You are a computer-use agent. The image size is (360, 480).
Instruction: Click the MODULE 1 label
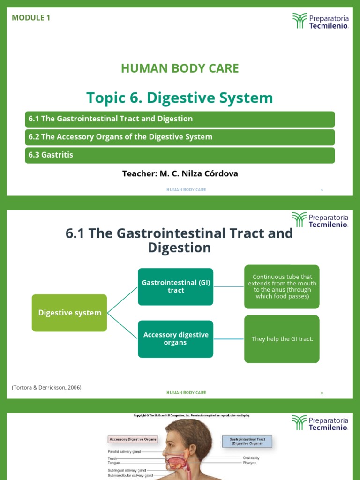tap(31, 18)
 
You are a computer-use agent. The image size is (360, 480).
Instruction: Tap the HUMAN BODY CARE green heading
tap(180, 68)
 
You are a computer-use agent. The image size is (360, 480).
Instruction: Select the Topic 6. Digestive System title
tap(180, 98)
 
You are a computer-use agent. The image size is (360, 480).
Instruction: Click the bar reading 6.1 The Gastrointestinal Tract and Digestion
tap(180, 119)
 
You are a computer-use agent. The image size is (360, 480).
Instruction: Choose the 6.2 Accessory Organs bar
tap(180, 137)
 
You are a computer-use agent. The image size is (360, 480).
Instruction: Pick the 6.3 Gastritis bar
tap(180, 155)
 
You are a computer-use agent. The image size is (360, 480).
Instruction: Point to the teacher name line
tap(180, 173)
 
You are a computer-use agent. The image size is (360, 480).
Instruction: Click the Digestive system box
tap(69, 313)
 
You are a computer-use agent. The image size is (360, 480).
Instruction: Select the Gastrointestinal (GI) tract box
tap(176, 286)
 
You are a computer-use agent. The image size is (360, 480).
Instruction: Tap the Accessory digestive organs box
tap(176, 338)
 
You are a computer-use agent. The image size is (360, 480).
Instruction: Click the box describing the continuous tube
tap(282, 286)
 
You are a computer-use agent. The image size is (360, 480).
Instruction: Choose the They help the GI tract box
tap(282, 339)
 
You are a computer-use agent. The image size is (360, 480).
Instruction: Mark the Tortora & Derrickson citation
tap(47, 387)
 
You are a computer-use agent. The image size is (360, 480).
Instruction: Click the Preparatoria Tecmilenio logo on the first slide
tap(321, 21)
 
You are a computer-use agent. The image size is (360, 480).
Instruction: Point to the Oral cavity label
tap(251, 458)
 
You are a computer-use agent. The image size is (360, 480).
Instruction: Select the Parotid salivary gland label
tap(124, 452)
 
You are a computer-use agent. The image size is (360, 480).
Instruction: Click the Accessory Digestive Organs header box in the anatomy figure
tap(133, 440)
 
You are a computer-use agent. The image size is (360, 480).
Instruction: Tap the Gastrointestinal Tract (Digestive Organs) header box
tap(247, 441)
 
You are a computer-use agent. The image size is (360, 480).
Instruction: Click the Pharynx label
tap(249, 463)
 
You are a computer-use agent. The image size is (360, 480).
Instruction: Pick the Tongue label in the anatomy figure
tap(113, 463)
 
